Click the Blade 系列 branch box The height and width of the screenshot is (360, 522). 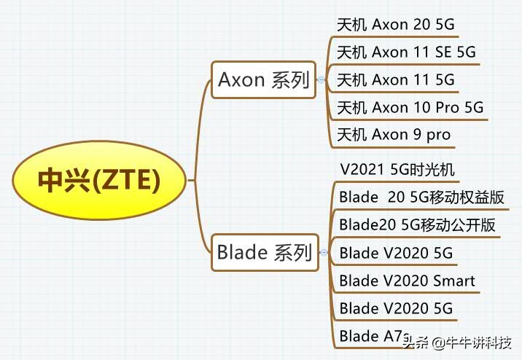tap(264, 253)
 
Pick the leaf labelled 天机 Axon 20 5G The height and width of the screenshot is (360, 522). tap(395, 24)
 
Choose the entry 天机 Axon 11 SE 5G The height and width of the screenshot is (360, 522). tap(406, 52)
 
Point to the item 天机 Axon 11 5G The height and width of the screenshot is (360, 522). tap(395, 79)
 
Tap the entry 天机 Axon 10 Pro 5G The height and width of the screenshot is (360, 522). tap(410, 107)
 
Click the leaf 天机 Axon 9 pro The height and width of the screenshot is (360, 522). tap(394, 135)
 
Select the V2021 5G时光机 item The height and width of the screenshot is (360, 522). tap(397, 170)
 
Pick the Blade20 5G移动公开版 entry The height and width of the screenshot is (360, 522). tap(417, 225)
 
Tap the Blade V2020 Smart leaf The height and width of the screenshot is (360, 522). tap(407, 281)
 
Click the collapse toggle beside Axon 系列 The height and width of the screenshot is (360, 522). tap(322, 80)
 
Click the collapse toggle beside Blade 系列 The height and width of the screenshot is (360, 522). tap(322, 253)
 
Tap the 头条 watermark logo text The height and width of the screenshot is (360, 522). tap(417, 343)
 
